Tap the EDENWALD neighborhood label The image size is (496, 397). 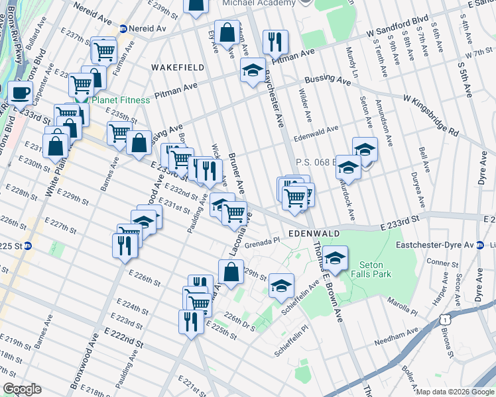coord(314,234)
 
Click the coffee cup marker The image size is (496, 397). coord(20,93)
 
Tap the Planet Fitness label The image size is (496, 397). coord(119,101)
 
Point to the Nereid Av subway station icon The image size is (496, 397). coord(123,28)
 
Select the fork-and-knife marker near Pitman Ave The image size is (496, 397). coord(275,41)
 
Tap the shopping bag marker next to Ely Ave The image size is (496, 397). coord(227,32)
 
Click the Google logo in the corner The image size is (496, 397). coord(21,389)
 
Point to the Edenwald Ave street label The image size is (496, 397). coord(316,134)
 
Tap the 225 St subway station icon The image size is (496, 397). coord(37,246)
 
